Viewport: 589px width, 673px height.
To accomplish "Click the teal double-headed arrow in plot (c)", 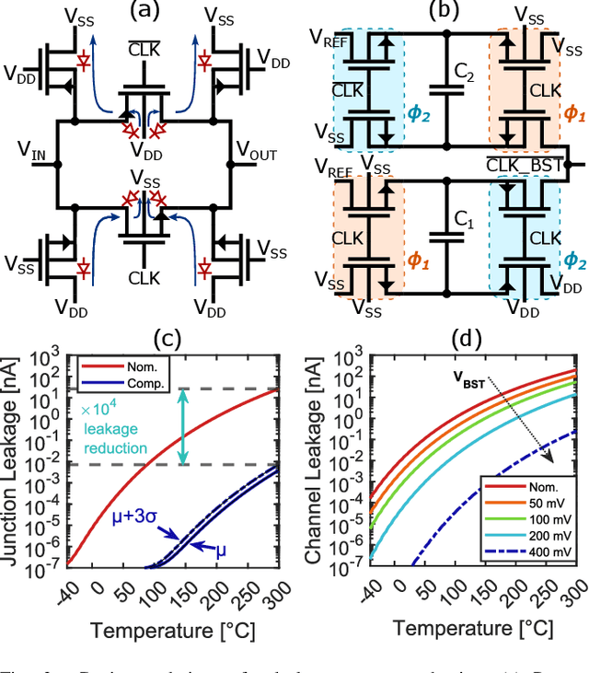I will [x=184, y=427].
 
